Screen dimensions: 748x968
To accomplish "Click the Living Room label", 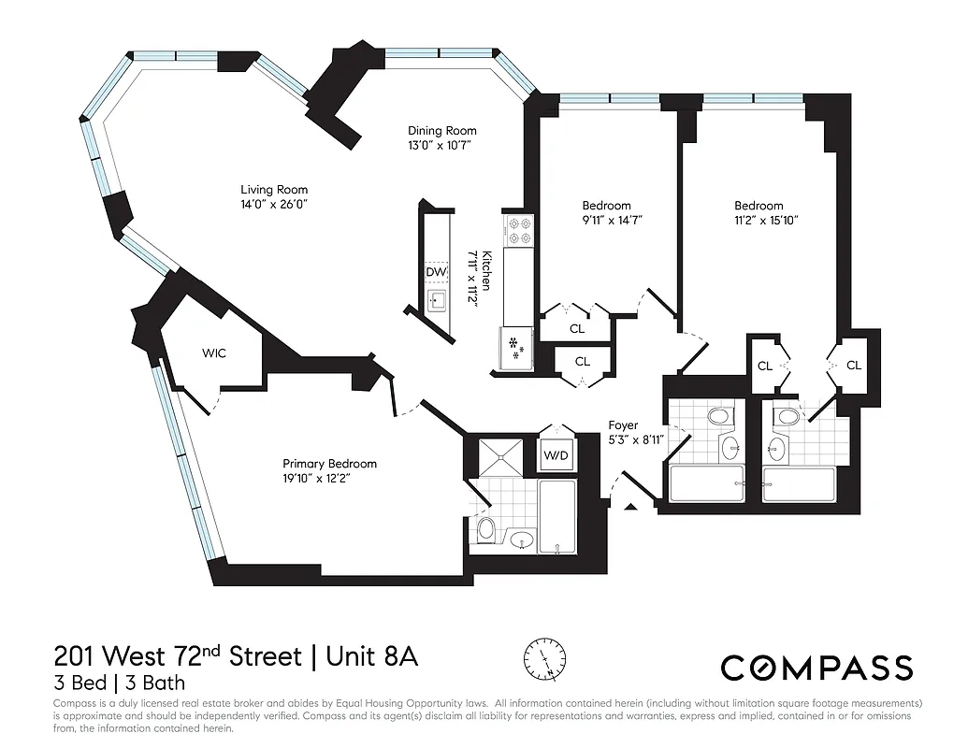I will (274, 190).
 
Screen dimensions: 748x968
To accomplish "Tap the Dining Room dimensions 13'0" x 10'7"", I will (441, 146).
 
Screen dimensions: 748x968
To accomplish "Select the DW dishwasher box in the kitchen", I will (436, 272).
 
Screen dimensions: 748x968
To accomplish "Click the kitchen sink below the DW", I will (437, 301).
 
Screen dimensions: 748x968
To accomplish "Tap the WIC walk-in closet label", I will (214, 353).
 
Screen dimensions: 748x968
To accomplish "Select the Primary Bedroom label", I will (329, 464).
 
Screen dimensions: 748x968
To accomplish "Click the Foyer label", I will (623, 425).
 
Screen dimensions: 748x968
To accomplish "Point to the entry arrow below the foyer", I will (631, 507).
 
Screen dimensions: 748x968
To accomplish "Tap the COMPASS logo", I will (816, 668).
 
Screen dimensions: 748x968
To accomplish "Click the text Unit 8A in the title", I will (372, 656).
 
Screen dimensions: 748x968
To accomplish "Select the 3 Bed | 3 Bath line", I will (119, 683).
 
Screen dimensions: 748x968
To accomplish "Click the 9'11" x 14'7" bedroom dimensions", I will (606, 222).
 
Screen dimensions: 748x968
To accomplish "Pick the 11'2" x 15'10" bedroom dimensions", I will (759, 222).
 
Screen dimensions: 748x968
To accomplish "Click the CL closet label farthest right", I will (853, 366).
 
